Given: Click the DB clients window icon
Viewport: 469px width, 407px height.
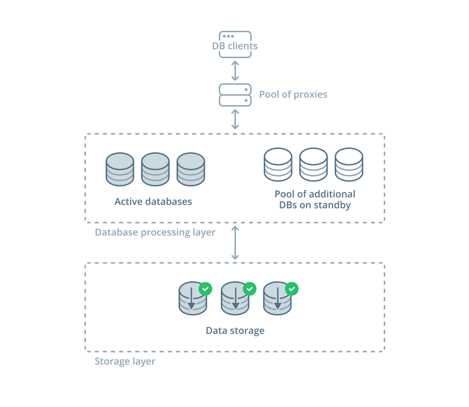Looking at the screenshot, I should [x=235, y=44].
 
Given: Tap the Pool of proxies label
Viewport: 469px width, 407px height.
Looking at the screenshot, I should [x=293, y=94].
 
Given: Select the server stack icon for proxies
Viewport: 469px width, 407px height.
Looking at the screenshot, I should [x=235, y=95].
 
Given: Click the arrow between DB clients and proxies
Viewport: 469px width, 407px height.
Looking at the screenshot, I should [x=235, y=71].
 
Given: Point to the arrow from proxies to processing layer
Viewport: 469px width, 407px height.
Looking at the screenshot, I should [x=235, y=119].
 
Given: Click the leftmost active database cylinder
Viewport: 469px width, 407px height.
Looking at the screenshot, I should [x=120, y=170].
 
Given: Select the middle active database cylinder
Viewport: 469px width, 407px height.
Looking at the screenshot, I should [x=155, y=170].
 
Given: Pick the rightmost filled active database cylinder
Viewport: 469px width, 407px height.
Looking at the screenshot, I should [x=190, y=170].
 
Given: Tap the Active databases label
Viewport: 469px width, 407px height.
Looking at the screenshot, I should [x=153, y=202].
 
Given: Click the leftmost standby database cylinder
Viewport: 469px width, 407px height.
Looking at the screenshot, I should [x=278, y=165].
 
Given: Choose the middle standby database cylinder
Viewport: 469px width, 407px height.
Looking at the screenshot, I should [x=313, y=165].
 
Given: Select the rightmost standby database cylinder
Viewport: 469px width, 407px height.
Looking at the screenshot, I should [x=349, y=165].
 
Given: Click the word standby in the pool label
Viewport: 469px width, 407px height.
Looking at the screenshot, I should [x=332, y=205].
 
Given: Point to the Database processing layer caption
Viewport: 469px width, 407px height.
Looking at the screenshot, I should [x=155, y=233].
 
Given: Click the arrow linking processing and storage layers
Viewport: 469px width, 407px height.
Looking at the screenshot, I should [x=235, y=243].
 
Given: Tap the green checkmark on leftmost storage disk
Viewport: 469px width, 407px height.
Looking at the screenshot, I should [x=205, y=289].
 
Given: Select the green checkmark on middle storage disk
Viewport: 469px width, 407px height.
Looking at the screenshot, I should [x=249, y=289].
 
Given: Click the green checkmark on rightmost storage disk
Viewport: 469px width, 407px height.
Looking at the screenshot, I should [x=292, y=289].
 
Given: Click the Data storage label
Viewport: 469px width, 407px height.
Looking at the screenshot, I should [x=235, y=331].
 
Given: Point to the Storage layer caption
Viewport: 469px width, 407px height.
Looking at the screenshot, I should [x=125, y=361].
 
